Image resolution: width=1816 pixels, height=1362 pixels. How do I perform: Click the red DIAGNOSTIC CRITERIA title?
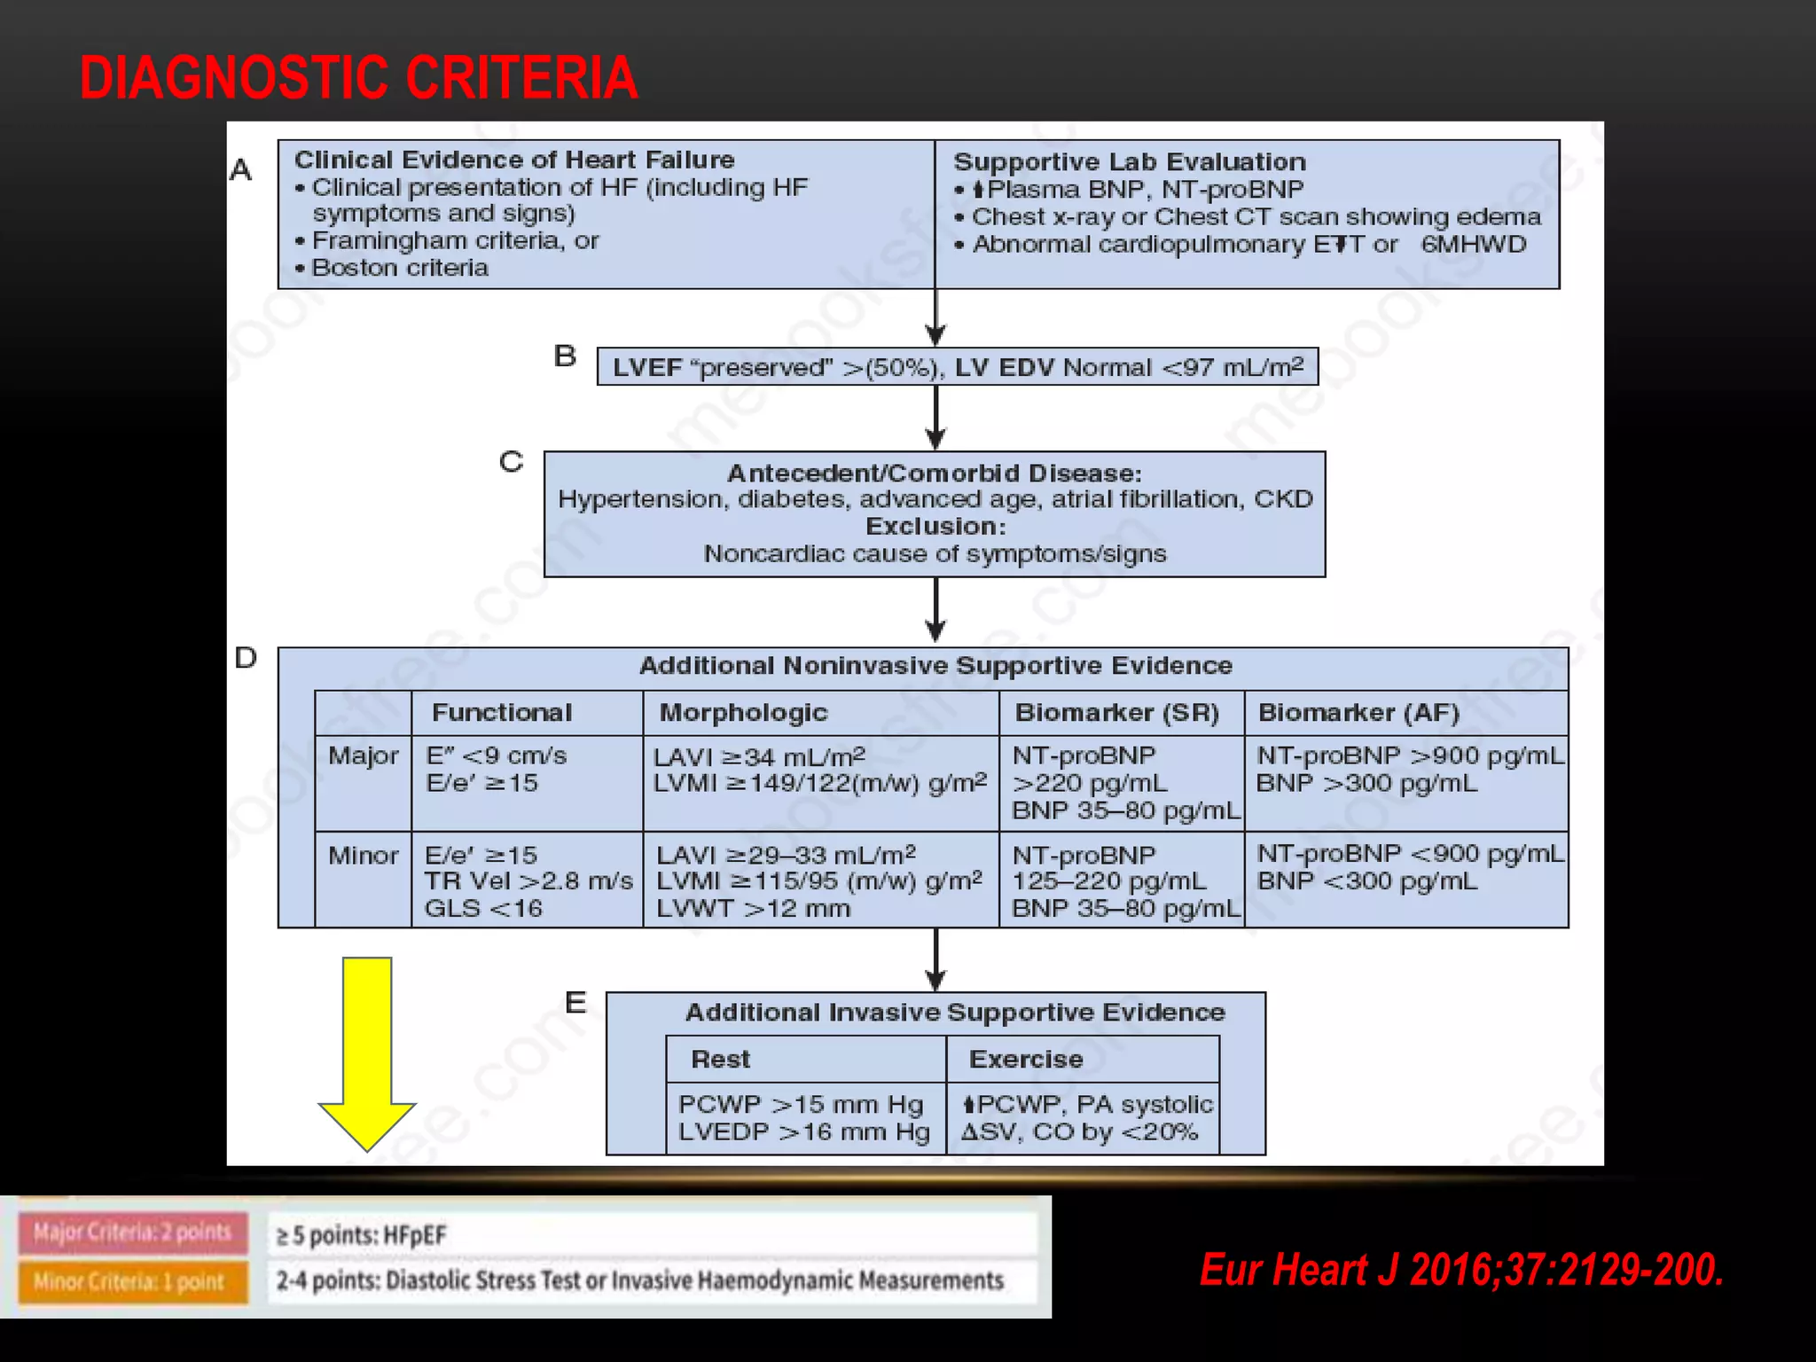pyautogui.click(x=358, y=77)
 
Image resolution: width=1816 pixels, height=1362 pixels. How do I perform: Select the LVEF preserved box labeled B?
pyautogui.click(x=958, y=367)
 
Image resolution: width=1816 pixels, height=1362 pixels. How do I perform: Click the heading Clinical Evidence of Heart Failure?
pyautogui.click(x=514, y=160)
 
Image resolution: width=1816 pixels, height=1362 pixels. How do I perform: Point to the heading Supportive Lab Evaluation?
pyautogui.click(x=1129, y=162)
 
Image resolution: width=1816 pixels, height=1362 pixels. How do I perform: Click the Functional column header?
pyautogui.click(x=502, y=712)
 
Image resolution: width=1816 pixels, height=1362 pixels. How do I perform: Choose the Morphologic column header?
pyautogui.click(x=743, y=712)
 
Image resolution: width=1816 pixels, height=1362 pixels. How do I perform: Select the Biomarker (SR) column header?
pyautogui.click(x=1116, y=712)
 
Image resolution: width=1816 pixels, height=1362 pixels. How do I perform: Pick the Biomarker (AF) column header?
pyautogui.click(x=1358, y=712)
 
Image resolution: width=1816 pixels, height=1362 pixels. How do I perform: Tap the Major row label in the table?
pyautogui.click(x=364, y=755)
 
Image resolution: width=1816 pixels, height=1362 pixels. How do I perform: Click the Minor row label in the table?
pyautogui.click(x=364, y=855)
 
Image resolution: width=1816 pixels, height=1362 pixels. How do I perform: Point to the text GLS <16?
pyautogui.click(x=483, y=908)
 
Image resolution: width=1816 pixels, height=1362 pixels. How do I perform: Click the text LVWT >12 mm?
pyautogui.click(x=753, y=908)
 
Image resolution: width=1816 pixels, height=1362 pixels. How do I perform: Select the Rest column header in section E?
pyautogui.click(x=720, y=1059)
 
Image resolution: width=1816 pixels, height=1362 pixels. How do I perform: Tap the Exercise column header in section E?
pyautogui.click(x=1026, y=1059)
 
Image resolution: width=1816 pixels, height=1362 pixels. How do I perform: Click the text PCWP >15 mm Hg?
pyautogui.click(x=801, y=1104)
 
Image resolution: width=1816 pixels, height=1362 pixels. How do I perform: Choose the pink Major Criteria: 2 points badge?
pyautogui.click(x=132, y=1233)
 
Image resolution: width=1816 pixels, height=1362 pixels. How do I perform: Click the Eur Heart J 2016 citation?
pyautogui.click(x=1461, y=1270)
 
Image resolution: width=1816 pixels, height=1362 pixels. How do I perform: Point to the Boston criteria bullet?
pyautogui.click(x=399, y=268)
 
